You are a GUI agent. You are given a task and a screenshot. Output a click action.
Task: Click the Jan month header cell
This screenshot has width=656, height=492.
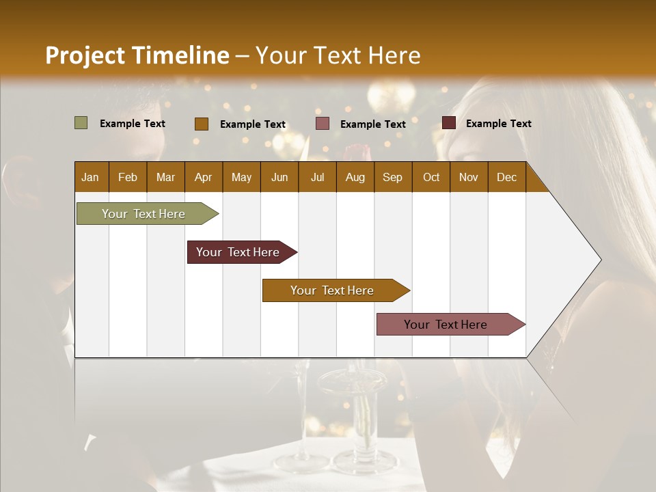tap(91, 177)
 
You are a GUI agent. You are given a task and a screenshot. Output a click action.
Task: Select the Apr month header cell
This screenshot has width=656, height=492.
tap(204, 177)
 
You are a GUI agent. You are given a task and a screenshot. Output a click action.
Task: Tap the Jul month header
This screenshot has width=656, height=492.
tap(317, 177)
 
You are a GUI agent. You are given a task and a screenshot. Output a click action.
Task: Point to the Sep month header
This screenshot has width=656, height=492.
tap(393, 177)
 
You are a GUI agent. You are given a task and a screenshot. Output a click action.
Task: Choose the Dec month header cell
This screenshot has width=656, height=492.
tap(506, 177)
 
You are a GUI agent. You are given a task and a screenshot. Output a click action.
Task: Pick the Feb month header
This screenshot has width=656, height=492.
tap(128, 177)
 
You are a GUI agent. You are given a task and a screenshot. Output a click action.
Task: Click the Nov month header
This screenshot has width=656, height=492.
tap(469, 177)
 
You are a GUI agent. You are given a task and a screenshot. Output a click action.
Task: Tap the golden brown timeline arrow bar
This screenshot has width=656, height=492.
tap(333, 290)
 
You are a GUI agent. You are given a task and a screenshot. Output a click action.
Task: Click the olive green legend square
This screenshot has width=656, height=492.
tap(81, 123)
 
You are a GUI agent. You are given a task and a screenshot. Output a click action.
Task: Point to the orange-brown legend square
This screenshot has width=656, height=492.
tap(201, 124)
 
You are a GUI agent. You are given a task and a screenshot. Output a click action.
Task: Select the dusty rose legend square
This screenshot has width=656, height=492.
tap(323, 124)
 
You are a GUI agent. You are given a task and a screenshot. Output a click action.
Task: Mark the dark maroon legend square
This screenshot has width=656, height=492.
tap(448, 123)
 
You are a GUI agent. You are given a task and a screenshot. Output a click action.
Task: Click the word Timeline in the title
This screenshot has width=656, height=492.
tap(180, 55)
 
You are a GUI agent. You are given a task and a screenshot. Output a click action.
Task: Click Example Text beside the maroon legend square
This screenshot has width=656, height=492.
tap(498, 124)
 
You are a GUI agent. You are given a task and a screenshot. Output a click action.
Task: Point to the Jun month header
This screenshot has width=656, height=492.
tap(279, 177)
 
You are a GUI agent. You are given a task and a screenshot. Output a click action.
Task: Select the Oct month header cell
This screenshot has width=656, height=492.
tap(431, 177)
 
